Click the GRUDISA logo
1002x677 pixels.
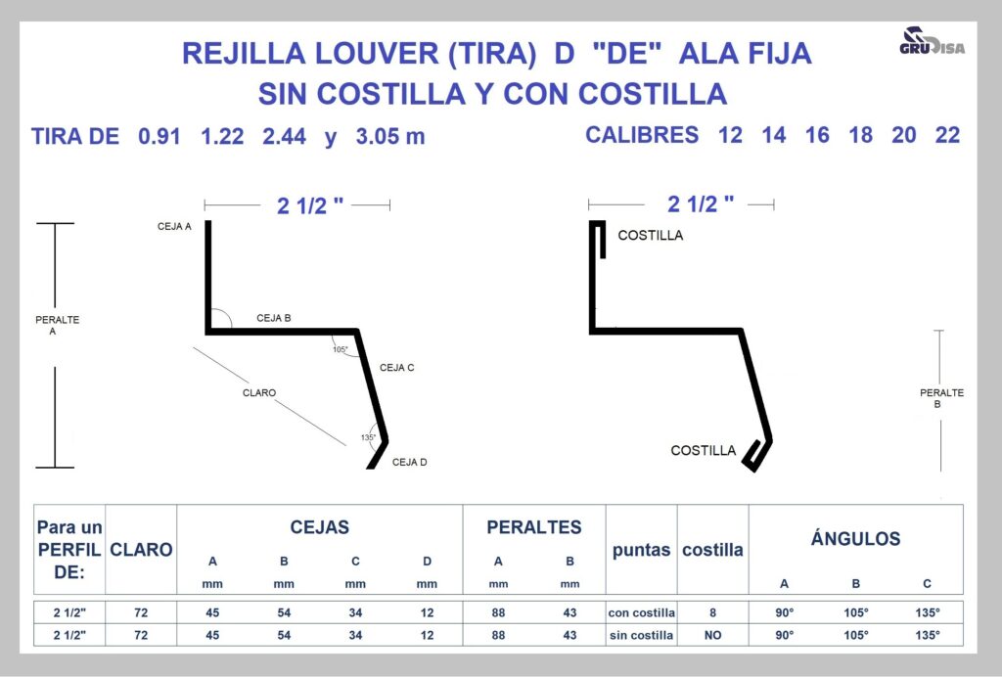[x=932, y=41]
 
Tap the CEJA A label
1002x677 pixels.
[x=174, y=226]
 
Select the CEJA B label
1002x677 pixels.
[x=274, y=318]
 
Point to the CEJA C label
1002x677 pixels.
[x=397, y=367]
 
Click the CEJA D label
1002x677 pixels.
[x=410, y=462]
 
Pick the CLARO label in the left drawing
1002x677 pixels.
[x=258, y=392]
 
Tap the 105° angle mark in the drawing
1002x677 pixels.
[x=340, y=349]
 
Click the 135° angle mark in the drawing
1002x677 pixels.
[x=368, y=437]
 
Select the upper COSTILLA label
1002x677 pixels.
[x=651, y=235]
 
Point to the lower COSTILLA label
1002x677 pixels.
[x=703, y=450]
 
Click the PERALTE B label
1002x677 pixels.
[x=941, y=398]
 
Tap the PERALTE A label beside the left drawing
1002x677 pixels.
[x=57, y=325]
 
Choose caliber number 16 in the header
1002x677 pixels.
[x=817, y=135]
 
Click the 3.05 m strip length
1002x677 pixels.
[x=389, y=136]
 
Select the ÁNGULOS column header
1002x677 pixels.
[x=855, y=538]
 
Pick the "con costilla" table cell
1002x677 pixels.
[x=641, y=612]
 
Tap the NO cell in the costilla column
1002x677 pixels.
[x=712, y=635]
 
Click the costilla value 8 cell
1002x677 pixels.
[x=712, y=612]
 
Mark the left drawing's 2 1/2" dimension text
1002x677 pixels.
[x=310, y=205]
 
